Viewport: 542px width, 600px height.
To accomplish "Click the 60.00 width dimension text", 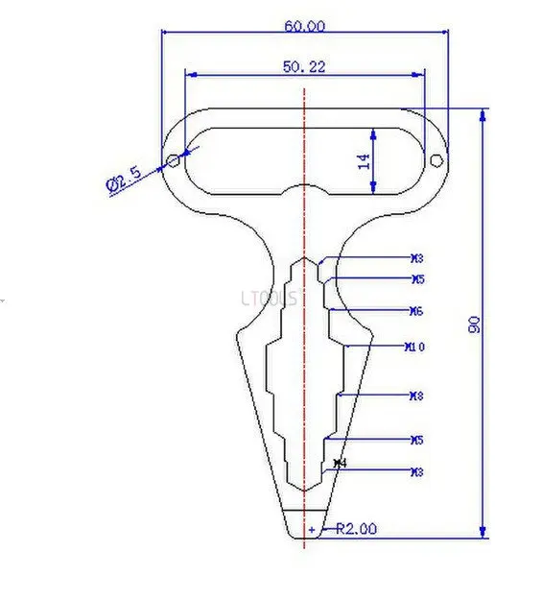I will pos(304,26).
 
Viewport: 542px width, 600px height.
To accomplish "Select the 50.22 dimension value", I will pos(304,66).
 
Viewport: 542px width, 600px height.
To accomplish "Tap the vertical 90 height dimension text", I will pos(473,324).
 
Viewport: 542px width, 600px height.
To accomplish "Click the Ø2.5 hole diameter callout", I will pos(124,179).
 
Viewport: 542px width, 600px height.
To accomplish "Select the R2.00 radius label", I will pos(356,528).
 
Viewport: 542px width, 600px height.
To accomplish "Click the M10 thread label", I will pos(415,347).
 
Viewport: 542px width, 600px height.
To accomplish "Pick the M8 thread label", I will pos(416,396).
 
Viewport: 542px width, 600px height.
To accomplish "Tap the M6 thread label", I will pos(416,311).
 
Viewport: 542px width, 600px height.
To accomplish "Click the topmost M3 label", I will pos(416,258).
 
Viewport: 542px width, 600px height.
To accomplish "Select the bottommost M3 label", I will pos(416,471).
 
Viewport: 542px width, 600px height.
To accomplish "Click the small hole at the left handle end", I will pos(173,161).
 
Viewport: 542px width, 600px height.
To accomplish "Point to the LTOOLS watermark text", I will pos(271,298).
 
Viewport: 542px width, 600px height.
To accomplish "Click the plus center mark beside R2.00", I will pos(311,529).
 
